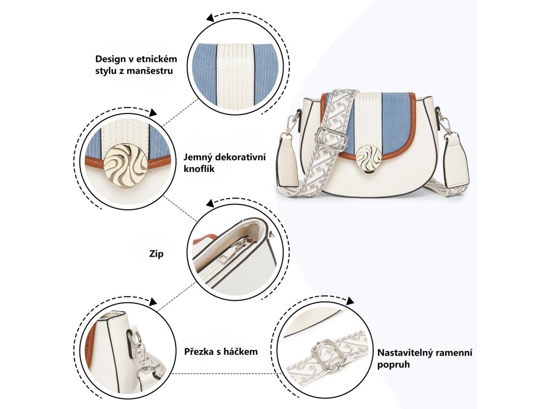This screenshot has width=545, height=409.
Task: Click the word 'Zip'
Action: [x=156, y=254]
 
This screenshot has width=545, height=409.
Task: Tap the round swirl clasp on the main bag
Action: [x=368, y=157]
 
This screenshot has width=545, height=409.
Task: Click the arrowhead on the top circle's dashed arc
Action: [x=210, y=18]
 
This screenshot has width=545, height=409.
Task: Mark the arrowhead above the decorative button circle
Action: [x=153, y=112]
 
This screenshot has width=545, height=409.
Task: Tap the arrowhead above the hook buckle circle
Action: [x=153, y=302]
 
